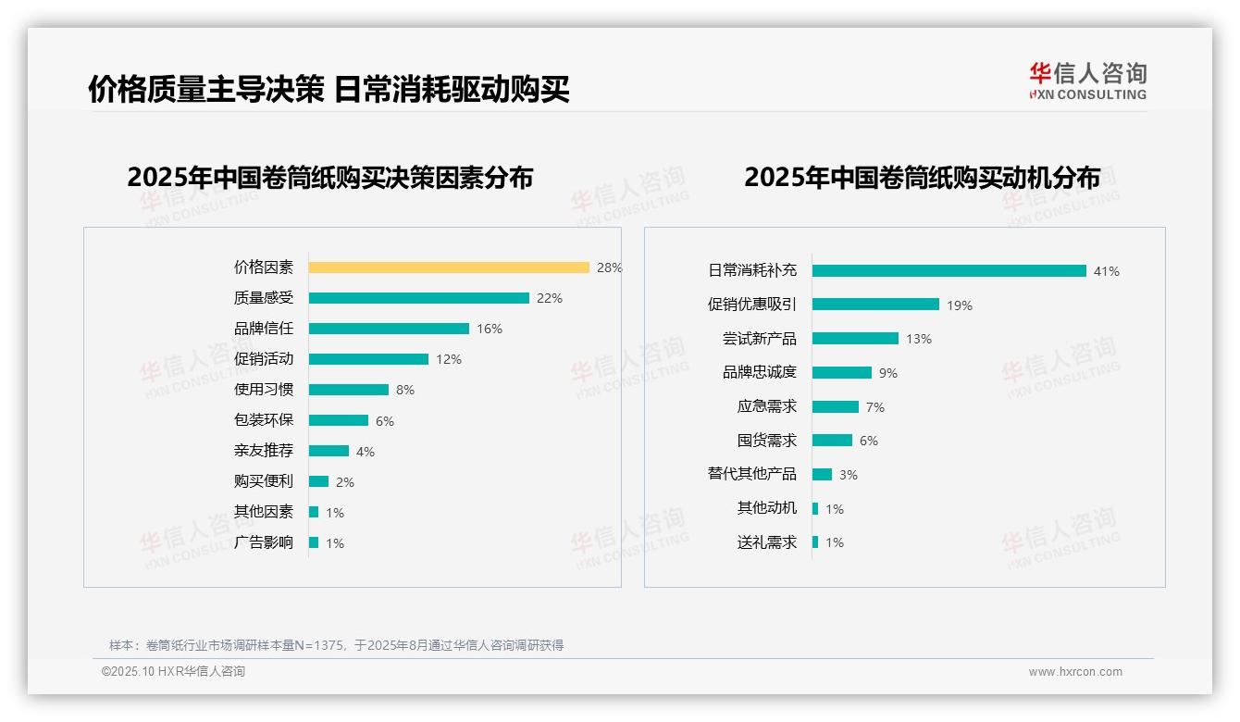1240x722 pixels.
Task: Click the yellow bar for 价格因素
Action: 449,268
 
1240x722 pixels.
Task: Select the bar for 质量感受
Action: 418,298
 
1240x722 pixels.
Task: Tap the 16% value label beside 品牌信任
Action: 489,329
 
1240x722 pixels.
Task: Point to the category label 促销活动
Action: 264,359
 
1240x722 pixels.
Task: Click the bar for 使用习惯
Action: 348,390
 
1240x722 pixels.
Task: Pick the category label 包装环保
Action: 264,420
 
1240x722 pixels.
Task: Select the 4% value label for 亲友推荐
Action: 365,452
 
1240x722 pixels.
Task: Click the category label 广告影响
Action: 264,542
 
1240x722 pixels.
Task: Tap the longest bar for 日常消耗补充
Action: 949,271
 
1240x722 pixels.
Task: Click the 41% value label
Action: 1106,271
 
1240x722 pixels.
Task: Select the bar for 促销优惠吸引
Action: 875,305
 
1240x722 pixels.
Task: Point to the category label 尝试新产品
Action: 759,339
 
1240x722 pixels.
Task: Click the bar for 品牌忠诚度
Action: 842,372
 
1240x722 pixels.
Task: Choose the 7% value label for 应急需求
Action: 874,407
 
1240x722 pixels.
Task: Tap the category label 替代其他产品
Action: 751,474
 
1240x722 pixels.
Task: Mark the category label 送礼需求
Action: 766,542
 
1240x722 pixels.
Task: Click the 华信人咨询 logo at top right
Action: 1087,81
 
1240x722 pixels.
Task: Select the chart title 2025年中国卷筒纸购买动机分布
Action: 922,178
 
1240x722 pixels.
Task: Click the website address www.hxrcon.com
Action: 1074,672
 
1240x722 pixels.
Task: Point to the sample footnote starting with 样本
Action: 336,645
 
